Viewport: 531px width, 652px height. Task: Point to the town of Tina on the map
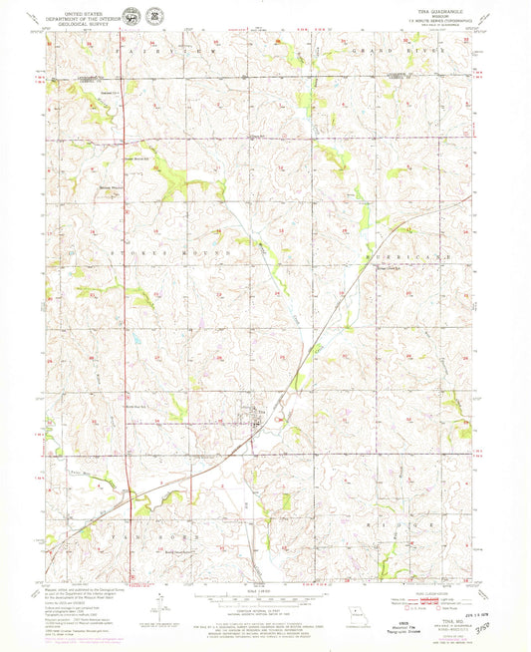pyautogui.click(x=261, y=418)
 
